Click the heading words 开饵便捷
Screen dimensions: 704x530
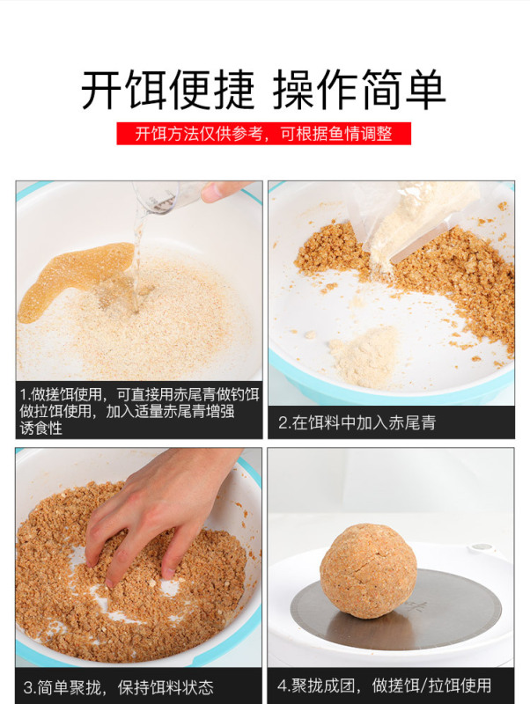pyautogui.click(x=167, y=90)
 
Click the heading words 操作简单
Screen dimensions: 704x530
pyautogui.click(x=359, y=90)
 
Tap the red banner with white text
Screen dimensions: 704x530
pyautogui.click(x=264, y=134)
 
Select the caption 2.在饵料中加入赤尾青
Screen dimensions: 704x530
pyautogui.click(x=357, y=422)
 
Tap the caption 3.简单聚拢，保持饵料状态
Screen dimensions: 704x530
pyautogui.click(x=119, y=686)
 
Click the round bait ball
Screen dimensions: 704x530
pyautogui.click(x=368, y=570)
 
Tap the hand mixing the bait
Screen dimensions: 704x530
pyautogui.click(x=158, y=510)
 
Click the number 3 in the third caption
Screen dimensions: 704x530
pyautogui.click(x=27, y=687)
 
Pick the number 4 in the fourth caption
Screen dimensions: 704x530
pyautogui.click(x=282, y=686)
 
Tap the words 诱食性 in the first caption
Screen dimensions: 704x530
pyautogui.click(x=40, y=428)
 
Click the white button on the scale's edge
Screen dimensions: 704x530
pyautogui.click(x=481, y=547)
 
